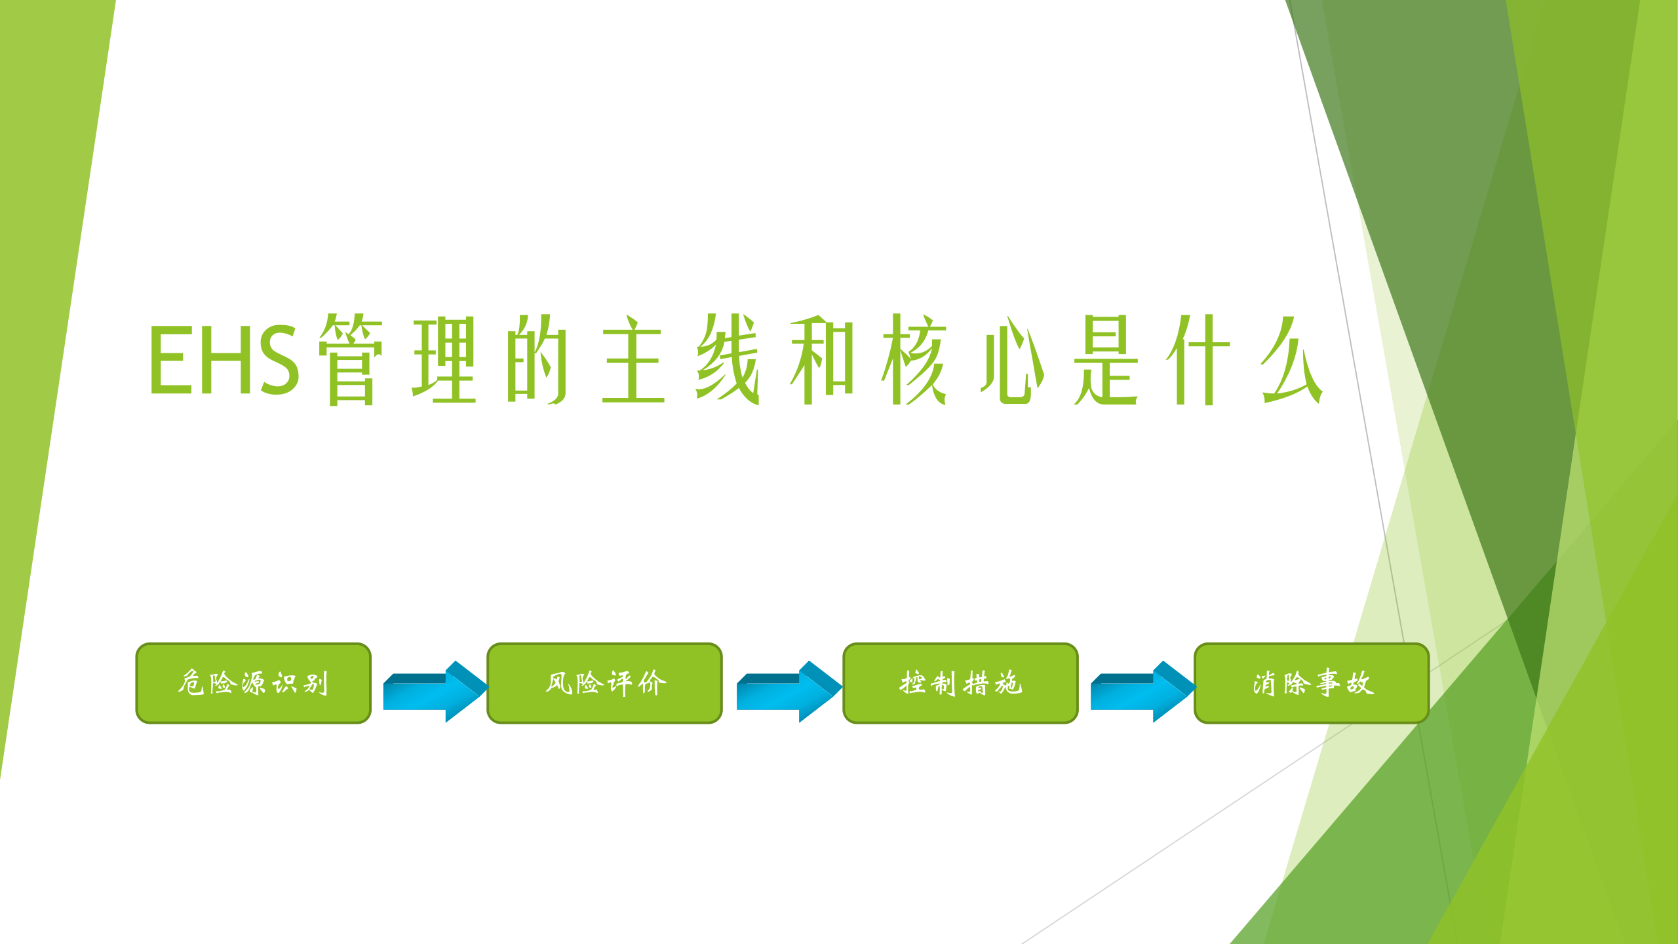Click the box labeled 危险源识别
(253, 683)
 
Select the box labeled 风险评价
(604, 683)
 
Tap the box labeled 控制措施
(960, 683)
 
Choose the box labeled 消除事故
(1311, 683)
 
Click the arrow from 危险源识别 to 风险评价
(434, 692)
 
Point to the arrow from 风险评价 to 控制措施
(788, 692)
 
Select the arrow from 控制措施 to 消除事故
(1142, 692)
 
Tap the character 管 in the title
(351, 359)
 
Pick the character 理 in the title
(444, 359)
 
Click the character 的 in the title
(537, 359)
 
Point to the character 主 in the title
(633, 359)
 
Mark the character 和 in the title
(822, 359)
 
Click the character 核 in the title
(915, 359)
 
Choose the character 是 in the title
(1105, 359)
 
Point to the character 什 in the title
(1198, 359)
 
